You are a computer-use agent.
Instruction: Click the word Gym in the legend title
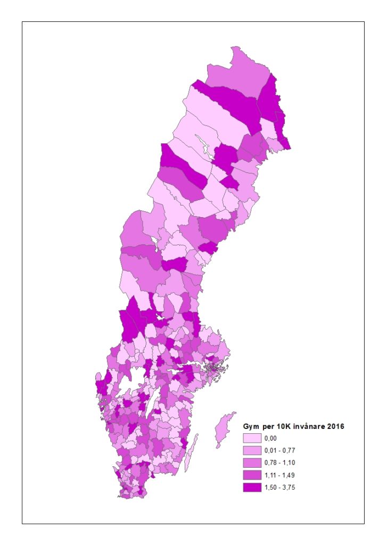251,426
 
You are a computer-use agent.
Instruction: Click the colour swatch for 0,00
252,439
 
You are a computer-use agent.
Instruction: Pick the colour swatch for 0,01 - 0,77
252,451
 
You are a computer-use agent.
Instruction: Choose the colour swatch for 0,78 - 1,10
252,463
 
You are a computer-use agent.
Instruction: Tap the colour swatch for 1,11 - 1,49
252,475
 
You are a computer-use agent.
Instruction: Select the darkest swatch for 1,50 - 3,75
252,488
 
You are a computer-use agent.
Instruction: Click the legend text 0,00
270,439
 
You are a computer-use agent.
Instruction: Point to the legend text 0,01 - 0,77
279,451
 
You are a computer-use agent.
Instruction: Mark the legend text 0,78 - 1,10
279,463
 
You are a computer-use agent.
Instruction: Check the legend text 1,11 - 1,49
279,475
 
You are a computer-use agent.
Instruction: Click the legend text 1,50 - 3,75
279,488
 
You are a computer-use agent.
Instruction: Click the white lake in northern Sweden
203,144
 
